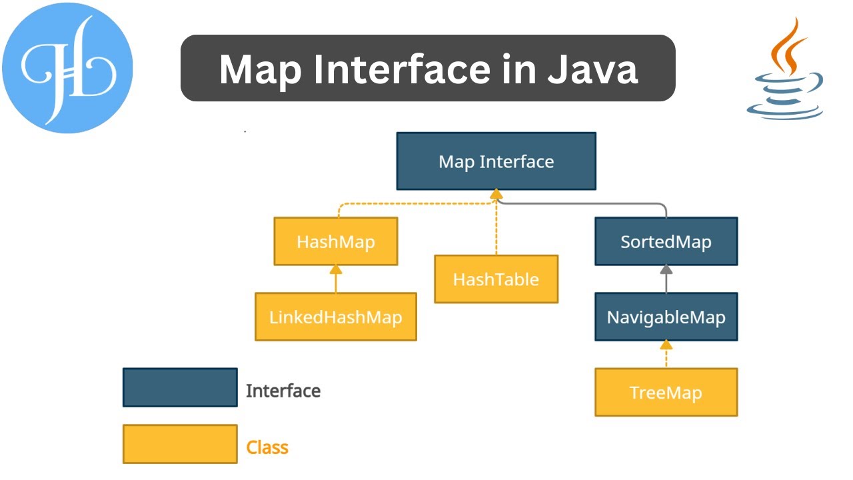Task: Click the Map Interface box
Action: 496,161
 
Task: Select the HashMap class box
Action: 336,241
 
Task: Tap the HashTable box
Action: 496,279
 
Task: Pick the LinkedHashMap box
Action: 336,317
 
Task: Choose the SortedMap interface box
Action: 666,241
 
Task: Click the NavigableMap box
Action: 666,317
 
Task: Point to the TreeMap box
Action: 666,392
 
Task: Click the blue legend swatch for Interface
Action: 180,387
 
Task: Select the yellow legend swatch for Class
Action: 180,444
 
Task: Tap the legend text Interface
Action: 283,391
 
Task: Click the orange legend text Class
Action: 267,447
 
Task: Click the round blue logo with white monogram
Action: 67,67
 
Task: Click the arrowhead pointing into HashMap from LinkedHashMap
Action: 336,269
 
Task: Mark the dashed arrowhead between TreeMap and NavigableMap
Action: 666,345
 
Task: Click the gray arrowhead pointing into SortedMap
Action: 666,269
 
